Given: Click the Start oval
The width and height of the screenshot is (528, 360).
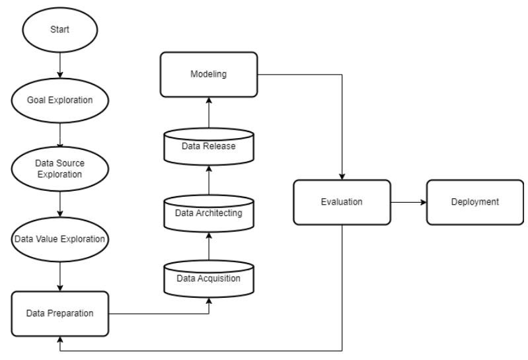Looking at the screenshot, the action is (60, 30).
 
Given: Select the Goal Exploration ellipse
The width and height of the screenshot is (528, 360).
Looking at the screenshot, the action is (60, 100).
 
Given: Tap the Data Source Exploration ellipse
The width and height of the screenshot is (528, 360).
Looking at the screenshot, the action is (60, 169).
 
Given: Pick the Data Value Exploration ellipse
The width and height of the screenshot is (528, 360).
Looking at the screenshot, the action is (60, 239).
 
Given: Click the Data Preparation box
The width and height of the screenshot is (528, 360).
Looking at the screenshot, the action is (60, 314).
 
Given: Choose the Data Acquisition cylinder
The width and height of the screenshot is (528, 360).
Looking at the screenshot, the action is (209, 279).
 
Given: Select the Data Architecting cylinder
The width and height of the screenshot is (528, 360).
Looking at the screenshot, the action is (209, 213).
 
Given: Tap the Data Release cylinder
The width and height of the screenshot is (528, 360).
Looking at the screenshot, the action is (209, 147).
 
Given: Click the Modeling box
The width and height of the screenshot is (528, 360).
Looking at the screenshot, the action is (209, 75).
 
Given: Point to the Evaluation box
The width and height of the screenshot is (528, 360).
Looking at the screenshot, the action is (342, 202).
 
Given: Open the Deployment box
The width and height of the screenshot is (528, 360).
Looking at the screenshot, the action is (475, 202).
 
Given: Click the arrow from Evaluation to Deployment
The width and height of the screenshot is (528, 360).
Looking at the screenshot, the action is (408, 202).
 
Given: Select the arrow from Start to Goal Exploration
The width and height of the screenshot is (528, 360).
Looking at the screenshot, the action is (60, 65).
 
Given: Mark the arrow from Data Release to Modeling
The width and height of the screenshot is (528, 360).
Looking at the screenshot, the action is (209, 112).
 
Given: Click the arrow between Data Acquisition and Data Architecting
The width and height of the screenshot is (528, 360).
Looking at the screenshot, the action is (209, 246).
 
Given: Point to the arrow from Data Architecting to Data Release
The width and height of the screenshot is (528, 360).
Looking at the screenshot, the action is (209, 180).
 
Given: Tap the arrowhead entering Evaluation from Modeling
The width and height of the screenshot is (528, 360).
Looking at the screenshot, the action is (342, 176).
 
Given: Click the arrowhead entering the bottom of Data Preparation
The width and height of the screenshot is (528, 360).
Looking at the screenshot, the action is (60, 340).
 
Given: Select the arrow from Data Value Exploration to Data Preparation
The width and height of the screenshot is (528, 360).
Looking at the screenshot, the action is (60, 277).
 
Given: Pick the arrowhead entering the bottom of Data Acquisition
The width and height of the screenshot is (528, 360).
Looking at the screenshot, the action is (209, 301).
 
